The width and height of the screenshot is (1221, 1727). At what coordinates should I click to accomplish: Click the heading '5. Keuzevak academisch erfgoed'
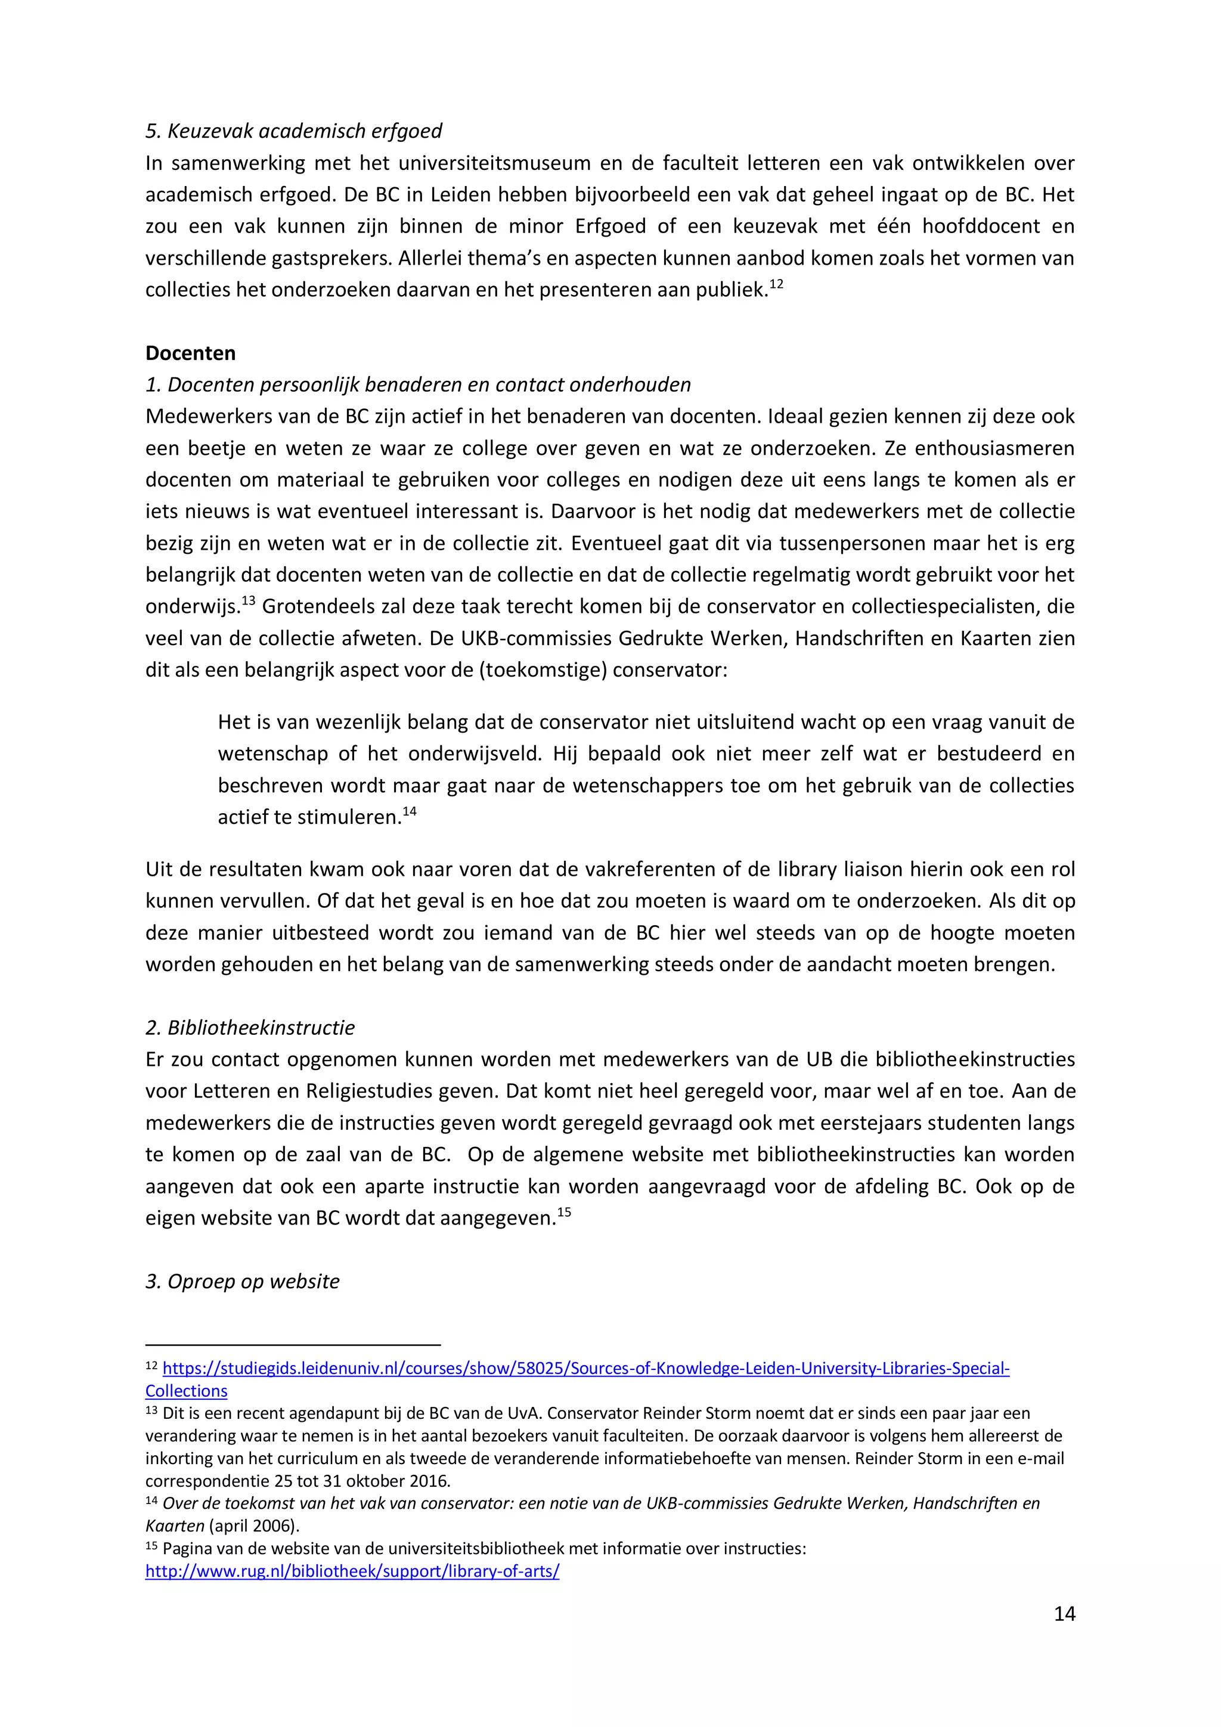pos(293,131)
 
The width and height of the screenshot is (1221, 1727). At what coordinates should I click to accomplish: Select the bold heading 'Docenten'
pos(190,353)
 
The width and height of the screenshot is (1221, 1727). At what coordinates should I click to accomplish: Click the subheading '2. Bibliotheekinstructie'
pos(250,1028)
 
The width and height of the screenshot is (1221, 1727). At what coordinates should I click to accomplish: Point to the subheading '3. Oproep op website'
pos(242,1281)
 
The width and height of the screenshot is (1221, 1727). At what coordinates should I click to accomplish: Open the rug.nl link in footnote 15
pos(352,1571)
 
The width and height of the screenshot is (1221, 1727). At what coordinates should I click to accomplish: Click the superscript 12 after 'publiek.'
pos(776,284)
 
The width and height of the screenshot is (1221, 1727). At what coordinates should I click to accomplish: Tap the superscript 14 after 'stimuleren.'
pos(409,811)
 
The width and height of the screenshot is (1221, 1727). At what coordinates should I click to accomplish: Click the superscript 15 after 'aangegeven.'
pos(563,1213)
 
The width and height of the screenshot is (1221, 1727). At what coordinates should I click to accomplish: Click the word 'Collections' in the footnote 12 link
pos(186,1391)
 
